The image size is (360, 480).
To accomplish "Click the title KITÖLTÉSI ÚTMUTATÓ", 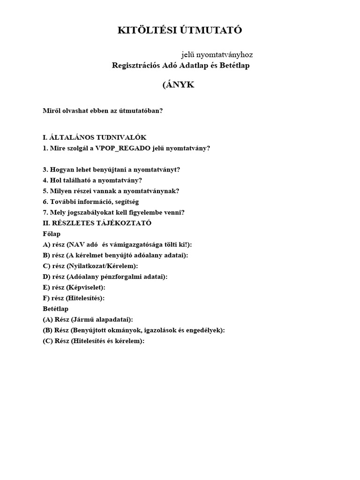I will coord(180,31).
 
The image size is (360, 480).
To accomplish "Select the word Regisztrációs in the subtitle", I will coord(135,66).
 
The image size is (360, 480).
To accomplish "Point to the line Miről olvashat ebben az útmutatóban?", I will coord(103,111).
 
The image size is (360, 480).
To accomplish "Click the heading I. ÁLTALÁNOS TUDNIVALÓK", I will coord(94,137).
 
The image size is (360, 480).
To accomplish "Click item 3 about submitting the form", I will coord(111,170).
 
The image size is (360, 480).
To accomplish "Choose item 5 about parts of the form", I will coord(111,191).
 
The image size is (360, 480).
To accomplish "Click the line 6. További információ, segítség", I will coord(90,202).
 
